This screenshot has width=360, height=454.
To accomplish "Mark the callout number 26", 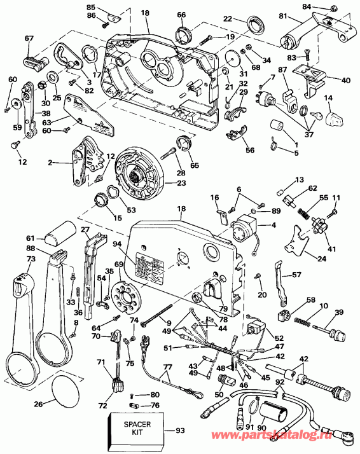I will pyautogui.click(x=39, y=403).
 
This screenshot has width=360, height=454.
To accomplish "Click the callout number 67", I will pyautogui.click(x=29, y=39).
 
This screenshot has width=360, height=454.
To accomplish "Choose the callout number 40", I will pyautogui.click(x=345, y=80).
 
